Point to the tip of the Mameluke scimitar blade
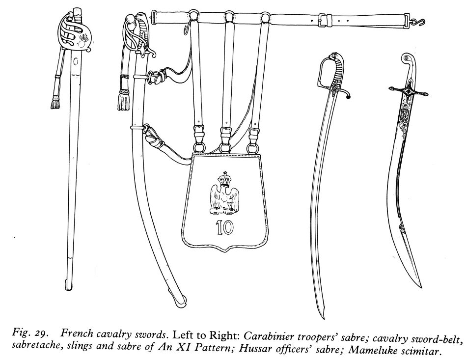tap(421, 285)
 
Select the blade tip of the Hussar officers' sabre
tap(320, 317)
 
